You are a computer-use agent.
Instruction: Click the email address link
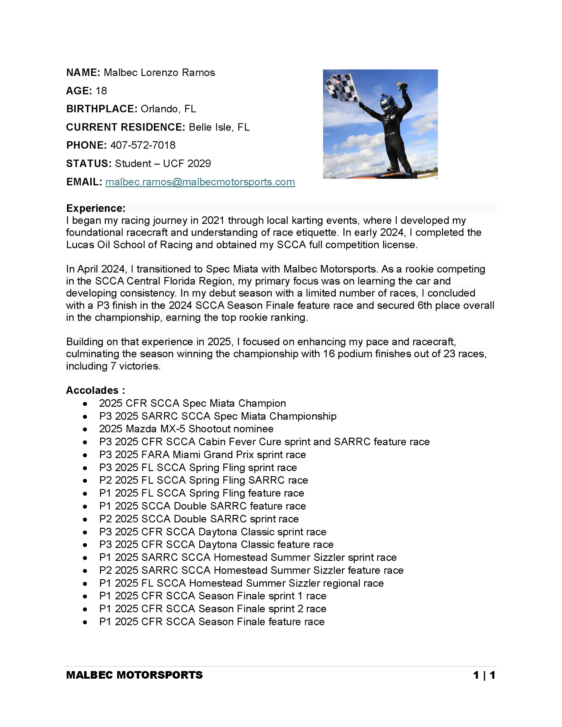[200, 182]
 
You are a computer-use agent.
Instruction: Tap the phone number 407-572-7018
[143, 145]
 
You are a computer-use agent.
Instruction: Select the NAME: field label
[83, 72]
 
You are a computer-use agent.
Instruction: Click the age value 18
[101, 91]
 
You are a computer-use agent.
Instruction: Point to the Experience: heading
[96, 208]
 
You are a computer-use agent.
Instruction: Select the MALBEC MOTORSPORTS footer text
[134, 675]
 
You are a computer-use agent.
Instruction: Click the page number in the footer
[484, 675]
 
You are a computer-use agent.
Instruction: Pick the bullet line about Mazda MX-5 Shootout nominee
[186, 429]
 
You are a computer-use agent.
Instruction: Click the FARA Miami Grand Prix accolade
[202, 454]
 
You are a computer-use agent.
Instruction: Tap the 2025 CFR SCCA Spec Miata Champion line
[192, 403]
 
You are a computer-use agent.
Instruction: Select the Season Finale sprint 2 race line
[212, 608]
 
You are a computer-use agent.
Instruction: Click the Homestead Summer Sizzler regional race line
[241, 583]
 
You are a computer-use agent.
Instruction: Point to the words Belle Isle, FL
[219, 127]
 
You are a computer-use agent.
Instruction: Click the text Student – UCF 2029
[163, 163]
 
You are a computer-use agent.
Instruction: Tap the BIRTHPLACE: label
[101, 109]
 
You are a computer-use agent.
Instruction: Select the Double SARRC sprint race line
[199, 519]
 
